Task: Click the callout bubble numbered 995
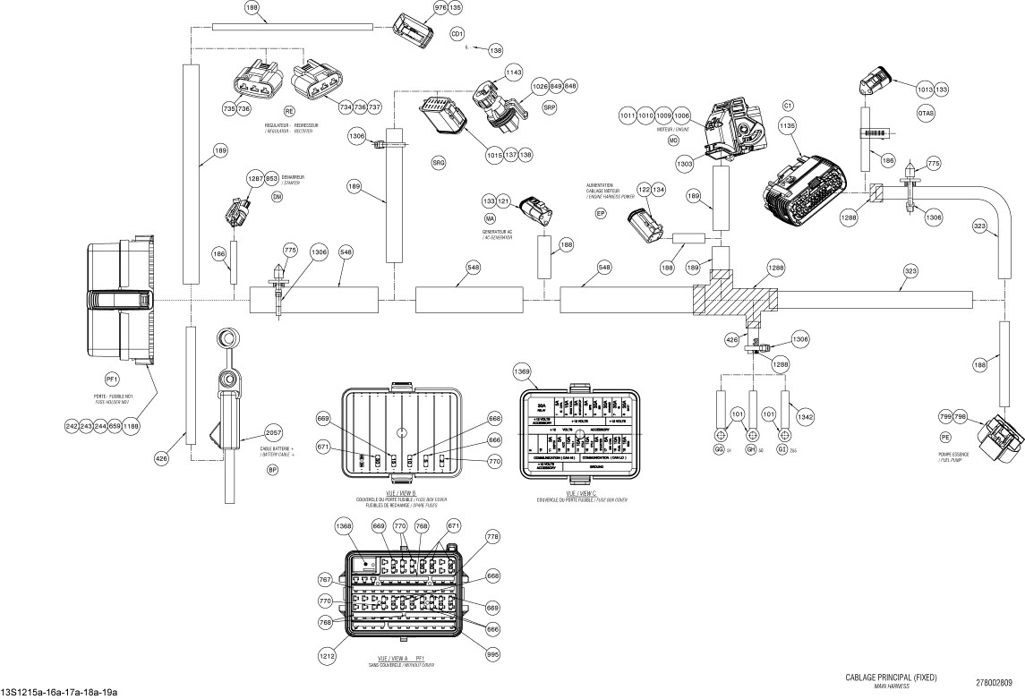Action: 492,653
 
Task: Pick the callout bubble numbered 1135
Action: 788,128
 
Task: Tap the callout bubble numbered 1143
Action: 513,72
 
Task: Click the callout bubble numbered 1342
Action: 805,416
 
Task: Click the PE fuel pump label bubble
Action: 944,439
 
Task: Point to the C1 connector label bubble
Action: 789,105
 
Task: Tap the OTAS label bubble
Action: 926,115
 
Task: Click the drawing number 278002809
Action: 994,683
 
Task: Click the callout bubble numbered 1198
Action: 132,426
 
